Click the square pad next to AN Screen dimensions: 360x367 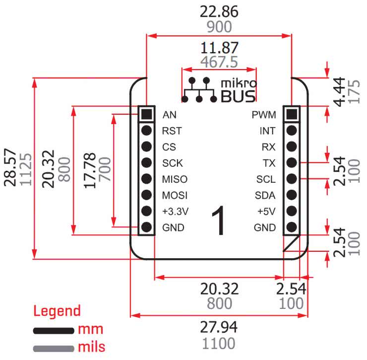pos(146,114)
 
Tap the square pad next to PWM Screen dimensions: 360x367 pos(292,114)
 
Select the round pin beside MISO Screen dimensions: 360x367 pos(146,179)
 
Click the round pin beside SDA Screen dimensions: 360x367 pos(292,195)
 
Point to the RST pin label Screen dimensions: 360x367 pos(172,131)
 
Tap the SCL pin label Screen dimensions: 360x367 pos(266,179)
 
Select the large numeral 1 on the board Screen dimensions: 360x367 pos(219,222)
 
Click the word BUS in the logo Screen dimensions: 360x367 pos(238,96)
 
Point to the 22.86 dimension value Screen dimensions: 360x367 pos(219,11)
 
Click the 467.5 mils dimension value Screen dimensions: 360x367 pos(219,62)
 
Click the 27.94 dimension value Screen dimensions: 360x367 pos(219,327)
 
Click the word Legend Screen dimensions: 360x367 pos(57,311)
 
